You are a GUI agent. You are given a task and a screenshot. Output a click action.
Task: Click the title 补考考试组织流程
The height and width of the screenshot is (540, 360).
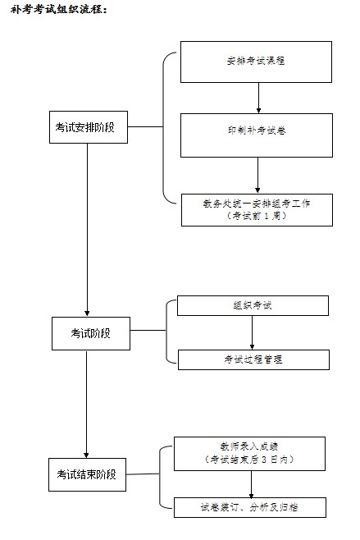[x=59, y=9]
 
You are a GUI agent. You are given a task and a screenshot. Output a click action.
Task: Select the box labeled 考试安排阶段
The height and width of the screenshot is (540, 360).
[x=89, y=127]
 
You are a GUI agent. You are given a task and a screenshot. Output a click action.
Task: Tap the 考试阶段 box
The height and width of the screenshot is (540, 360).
[x=91, y=333]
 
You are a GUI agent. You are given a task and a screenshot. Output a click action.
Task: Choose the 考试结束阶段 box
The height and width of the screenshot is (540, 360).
[x=87, y=474]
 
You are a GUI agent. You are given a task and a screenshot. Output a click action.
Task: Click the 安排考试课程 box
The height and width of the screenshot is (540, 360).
[x=256, y=62]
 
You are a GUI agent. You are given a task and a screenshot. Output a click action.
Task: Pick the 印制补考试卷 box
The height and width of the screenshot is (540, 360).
[x=257, y=135]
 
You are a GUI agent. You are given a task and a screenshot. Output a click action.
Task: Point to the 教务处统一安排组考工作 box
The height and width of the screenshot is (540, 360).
[x=257, y=210]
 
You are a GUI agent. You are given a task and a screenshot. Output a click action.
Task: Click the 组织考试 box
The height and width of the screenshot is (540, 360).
[x=253, y=305]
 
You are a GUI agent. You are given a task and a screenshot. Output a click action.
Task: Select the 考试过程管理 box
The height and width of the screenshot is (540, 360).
[x=253, y=360]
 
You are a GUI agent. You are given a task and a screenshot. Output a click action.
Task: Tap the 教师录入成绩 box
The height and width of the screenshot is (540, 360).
[x=249, y=454]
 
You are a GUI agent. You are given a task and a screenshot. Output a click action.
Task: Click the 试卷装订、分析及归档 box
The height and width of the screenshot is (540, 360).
[x=250, y=507]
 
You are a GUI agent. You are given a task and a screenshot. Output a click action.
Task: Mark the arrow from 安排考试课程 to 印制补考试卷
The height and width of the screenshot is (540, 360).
[x=258, y=98]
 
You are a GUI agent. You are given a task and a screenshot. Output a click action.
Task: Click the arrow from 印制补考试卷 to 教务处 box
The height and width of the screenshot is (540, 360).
[x=257, y=175]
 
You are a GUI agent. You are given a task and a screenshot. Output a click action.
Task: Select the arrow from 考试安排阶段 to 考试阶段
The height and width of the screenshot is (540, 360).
[x=87, y=230]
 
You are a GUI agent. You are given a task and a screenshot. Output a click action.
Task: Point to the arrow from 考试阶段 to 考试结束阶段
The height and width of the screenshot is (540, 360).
[x=86, y=404]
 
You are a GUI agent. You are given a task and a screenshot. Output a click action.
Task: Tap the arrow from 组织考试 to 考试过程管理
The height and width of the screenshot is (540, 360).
[x=252, y=332]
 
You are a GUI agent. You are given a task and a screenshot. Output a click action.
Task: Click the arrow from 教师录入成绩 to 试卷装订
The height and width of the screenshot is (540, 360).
[x=251, y=484]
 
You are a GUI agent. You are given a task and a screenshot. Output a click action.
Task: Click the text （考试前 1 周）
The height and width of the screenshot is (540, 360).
[x=257, y=216]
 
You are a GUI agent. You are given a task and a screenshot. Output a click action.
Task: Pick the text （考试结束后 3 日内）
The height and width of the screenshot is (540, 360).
[x=249, y=460]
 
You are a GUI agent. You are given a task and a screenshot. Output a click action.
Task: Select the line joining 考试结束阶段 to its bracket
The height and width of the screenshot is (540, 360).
[x=143, y=474]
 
